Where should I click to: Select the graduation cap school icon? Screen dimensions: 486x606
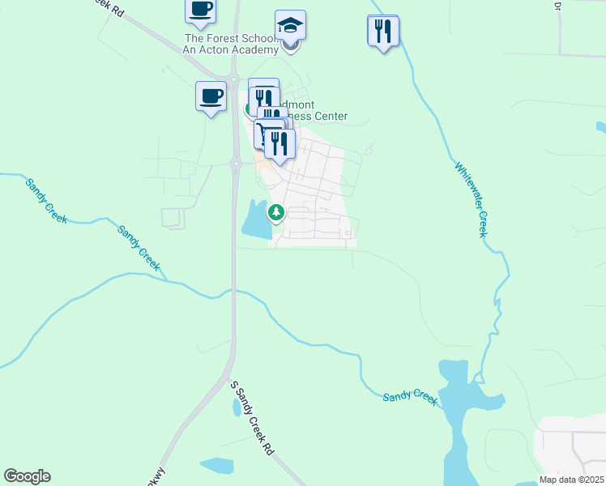tap(290, 27)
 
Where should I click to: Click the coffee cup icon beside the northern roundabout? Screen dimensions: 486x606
tap(211, 96)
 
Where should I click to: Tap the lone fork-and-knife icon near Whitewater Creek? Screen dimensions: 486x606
tap(382, 32)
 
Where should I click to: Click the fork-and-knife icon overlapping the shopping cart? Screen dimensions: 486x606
tap(280, 144)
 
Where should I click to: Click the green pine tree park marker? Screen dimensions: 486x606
tap(276, 212)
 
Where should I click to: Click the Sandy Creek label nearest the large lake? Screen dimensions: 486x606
tap(410, 395)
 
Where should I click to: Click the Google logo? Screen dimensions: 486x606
tap(27, 476)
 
